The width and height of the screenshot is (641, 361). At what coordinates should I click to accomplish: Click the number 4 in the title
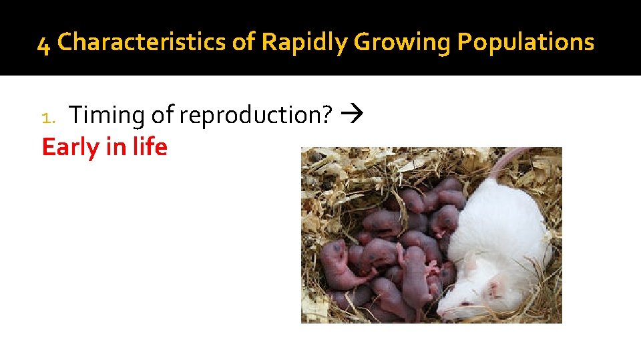point(43,43)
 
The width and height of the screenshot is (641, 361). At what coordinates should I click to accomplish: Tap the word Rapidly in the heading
point(304,42)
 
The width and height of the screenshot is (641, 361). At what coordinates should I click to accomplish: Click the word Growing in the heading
point(402,42)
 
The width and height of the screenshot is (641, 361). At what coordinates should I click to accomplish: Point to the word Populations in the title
point(525,42)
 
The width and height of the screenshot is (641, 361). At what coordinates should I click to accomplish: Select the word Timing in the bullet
point(108,116)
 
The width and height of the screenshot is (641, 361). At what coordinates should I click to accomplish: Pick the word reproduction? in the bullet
point(256,116)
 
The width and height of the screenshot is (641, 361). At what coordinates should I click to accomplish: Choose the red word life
point(148,147)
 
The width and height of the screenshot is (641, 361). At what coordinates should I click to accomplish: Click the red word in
point(115,147)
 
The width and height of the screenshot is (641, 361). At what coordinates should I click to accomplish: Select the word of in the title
point(244,42)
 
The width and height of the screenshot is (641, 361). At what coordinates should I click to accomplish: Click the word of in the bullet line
point(162,116)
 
